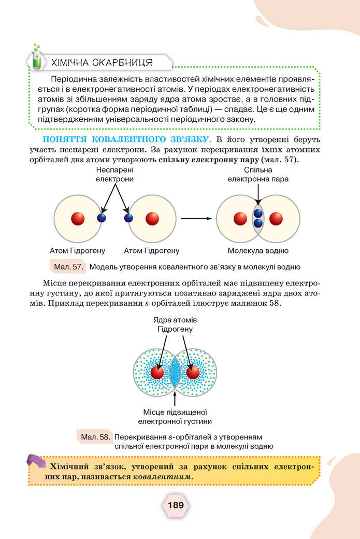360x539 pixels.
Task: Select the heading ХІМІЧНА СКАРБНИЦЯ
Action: click(x=102, y=63)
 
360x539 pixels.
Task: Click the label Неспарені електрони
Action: click(x=114, y=174)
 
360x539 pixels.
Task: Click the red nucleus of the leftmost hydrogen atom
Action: click(x=78, y=218)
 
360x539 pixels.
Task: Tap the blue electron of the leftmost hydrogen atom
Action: click(x=102, y=218)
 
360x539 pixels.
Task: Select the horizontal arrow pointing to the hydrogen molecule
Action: click(x=196, y=219)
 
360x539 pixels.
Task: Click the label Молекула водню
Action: click(x=258, y=251)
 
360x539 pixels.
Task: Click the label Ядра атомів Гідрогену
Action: click(x=175, y=324)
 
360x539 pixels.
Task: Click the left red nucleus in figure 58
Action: click(x=157, y=372)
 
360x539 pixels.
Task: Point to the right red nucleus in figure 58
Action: click(x=193, y=372)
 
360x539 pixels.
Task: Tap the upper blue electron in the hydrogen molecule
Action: click(x=258, y=213)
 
